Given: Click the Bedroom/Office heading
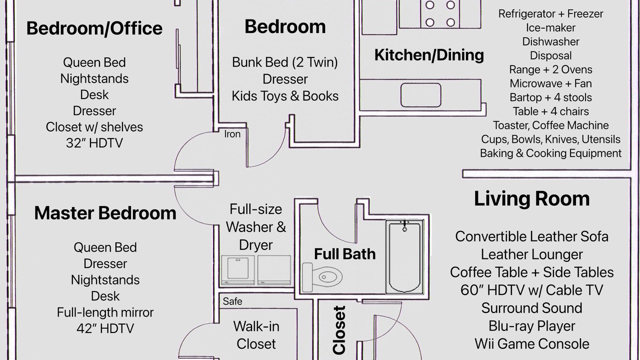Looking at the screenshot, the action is (x=94, y=28).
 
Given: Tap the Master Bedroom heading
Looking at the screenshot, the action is (x=105, y=213).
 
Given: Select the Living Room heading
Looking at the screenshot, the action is (x=531, y=198).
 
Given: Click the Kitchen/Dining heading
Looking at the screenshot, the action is (x=429, y=55).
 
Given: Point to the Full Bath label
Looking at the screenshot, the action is (x=345, y=254).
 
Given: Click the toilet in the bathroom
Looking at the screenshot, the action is (x=322, y=277).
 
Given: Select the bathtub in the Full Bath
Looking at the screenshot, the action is (x=404, y=256).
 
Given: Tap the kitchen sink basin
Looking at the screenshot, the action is (x=421, y=95).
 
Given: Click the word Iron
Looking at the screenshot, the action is (x=232, y=134).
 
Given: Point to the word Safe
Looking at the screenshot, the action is (x=232, y=301).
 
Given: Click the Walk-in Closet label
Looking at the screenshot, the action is (x=256, y=335).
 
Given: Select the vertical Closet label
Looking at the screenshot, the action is (x=339, y=330).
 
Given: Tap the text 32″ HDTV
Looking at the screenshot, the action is (x=94, y=143).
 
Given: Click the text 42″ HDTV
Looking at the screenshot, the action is (x=105, y=328).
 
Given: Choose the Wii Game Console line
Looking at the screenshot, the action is (x=531, y=344).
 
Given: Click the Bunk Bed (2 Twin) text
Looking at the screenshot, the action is (x=285, y=62).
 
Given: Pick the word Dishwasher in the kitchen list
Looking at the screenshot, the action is (x=550, y=41).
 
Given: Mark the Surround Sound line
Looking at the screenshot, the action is (x=531, y=308).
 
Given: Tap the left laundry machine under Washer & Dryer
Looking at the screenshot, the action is (x=238, y=270).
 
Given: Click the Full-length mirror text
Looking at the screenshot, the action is (x=105, y=312).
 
